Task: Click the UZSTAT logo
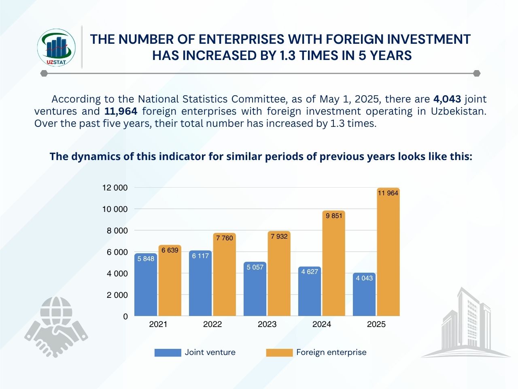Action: [x=56, y=47]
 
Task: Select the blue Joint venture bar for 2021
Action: [x=146, y=288]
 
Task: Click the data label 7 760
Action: [x=225, y=238]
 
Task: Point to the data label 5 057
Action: [x=255, y=267]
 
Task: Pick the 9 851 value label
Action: [x=334, y=216]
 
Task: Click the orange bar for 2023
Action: [x=279, y=280]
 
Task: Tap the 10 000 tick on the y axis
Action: [x=115, y=209]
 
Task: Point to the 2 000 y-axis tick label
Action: [x=117, y=295]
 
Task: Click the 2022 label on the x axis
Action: [x=212, y=324]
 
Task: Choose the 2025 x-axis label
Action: [x=376, y=324]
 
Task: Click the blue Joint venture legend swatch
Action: [x=168, y=353]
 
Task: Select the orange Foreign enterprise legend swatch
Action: [x=279, y=353]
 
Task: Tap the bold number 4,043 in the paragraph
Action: [x=447, y=99]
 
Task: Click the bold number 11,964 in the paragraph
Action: [x=121, y=111]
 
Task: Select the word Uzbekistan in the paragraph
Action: [x=459, y=111]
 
